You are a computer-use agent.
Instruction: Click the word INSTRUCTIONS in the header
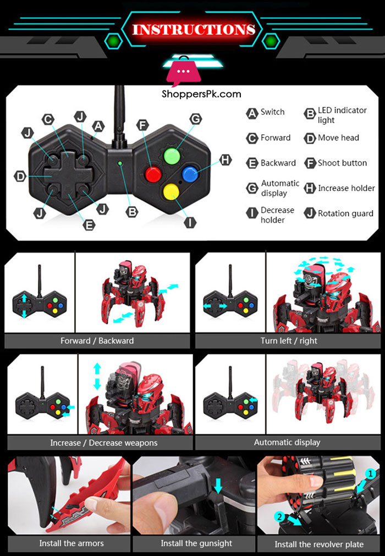tap(193, 29)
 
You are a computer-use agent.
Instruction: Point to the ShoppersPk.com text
tap(201, 94)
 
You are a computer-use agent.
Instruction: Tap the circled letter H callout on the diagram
tap(226, 160)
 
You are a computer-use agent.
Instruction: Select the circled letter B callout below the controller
tap(131, 211)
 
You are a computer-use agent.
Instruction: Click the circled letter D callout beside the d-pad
tap(20, 177)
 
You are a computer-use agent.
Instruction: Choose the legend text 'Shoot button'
tap(342, 163)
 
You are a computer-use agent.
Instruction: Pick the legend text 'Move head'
tap(338, 138)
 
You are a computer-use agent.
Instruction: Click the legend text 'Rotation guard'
tap(345, 214)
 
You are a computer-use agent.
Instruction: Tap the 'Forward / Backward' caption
tap(97, 341)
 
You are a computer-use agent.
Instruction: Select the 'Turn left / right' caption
tap(289, 341)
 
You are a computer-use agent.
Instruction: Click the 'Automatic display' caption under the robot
tap(287, 442)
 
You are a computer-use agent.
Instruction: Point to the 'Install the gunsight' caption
tap(196, 543)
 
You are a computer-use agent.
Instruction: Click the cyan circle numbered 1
tap(370, 473)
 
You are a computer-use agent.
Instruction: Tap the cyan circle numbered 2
tap(280, 516)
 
